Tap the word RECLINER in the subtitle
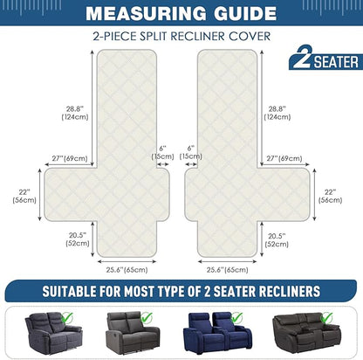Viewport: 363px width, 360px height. point(197,37)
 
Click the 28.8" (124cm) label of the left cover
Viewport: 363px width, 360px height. point(75,113)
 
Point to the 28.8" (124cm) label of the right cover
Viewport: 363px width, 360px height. point(277,113)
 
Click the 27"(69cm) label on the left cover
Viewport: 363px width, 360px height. point(70,158)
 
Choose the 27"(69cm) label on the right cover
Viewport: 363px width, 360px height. point(284,158)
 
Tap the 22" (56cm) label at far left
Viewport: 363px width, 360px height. point(24,197)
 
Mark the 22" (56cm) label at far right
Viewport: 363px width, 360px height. point(330,197)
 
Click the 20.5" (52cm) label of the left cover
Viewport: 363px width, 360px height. point(78,239)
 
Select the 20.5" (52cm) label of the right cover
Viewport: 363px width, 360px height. point(277,240)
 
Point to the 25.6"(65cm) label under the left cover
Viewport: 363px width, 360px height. point(127,270)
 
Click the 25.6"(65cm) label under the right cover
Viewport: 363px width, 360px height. point(228,270)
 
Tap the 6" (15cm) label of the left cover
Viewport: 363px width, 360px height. point(162,152)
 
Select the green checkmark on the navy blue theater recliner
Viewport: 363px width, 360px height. point(236,317)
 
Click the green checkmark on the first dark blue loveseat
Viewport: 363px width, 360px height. point(67,317)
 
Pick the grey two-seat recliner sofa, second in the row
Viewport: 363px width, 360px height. point(133,332)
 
